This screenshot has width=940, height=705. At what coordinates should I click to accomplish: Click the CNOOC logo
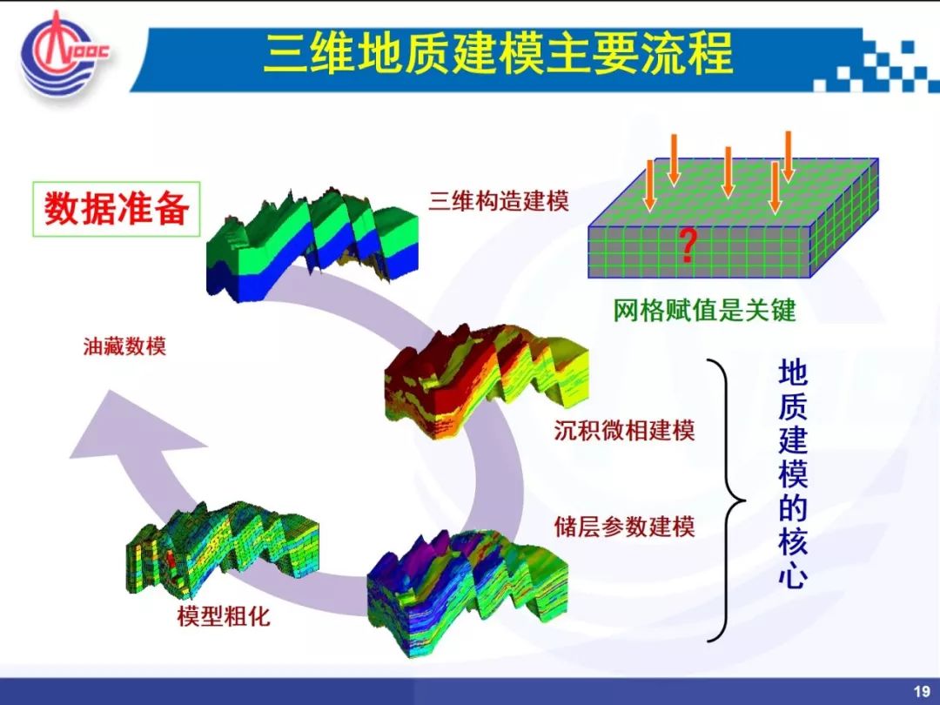tap(64, 55)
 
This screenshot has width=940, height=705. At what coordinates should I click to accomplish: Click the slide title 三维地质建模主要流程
tap(498, 53)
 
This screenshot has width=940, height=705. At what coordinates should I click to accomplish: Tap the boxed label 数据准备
tap(117, 209)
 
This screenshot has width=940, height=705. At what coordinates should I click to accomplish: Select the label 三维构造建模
tap(498, 201)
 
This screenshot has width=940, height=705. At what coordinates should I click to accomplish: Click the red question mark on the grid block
tap(688, 246)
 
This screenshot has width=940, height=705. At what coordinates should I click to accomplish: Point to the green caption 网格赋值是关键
tap(704, 311)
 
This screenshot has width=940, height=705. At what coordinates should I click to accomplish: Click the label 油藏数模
tap(124, 346)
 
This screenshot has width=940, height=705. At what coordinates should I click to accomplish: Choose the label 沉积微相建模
tap(624, 431)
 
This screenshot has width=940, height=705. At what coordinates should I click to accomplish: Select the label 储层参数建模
tap(624, 527)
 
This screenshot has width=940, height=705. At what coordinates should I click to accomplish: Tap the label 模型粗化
tap(224, 616)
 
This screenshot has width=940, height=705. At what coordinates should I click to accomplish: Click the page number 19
tap(922, 690)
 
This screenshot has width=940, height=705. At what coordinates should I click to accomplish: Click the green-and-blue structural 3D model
tap(312, 243)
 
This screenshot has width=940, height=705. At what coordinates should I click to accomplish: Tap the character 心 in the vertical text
tap(793, 574)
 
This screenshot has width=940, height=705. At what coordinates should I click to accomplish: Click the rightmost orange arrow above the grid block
tap(788, 156)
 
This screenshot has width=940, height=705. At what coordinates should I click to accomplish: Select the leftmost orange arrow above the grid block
tap(650, 186)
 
